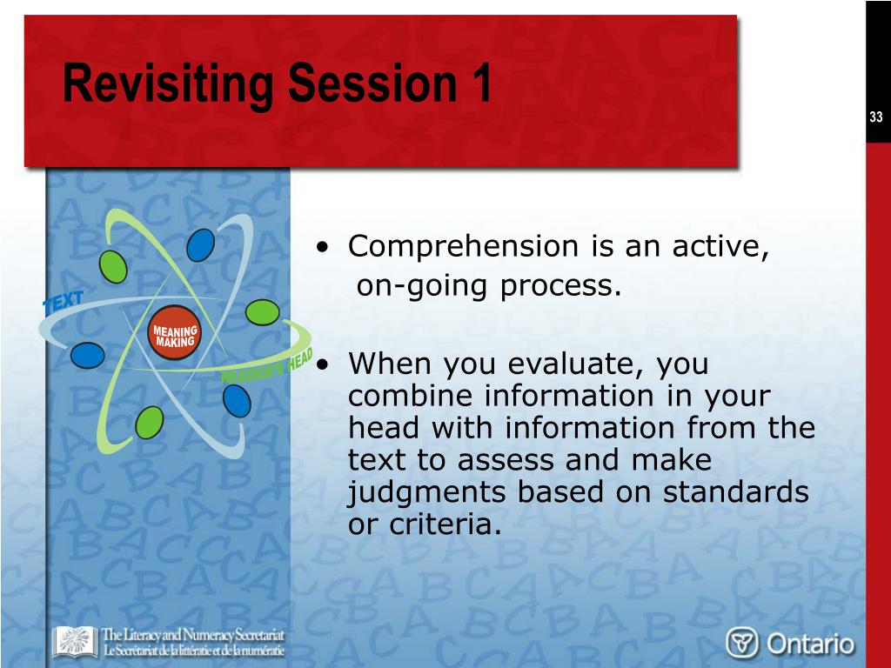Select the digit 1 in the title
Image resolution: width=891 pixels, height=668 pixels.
[481, 83]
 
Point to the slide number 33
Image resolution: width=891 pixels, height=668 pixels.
[875, 117]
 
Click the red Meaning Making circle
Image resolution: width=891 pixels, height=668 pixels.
[174, 333]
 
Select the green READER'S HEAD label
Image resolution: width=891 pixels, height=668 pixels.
[266, 366]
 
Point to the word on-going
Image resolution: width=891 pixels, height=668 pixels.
[422, 286]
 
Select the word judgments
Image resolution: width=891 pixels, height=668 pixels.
[425, 493]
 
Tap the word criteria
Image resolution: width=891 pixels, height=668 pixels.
[446, 524]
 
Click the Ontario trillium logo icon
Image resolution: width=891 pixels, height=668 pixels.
[742, 643]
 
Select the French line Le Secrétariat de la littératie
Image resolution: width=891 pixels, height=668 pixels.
[192, 651]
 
